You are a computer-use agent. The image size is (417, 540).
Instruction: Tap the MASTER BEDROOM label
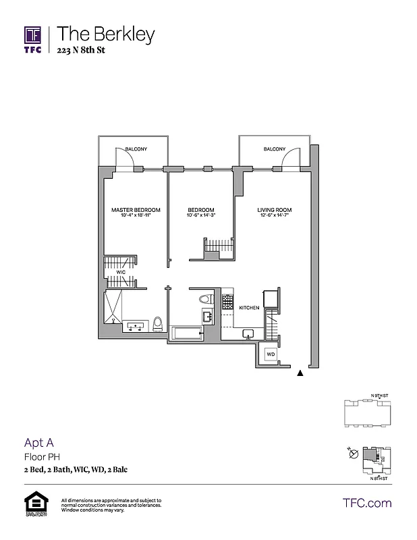pos(135,210)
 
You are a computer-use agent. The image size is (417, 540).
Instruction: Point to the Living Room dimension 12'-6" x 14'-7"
pos(274,216)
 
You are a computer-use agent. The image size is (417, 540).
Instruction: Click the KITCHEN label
pos(249,308)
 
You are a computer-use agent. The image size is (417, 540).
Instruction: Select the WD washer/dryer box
pos(270,354)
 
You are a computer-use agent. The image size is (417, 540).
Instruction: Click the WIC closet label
pos(121,273)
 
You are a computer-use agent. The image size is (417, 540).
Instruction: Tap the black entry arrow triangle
pos(300,371)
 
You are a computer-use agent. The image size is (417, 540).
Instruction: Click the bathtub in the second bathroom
pos(187,332)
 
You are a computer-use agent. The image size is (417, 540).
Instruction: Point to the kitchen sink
pos(248,333)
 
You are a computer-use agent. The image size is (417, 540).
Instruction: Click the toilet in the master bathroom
pos(158,324)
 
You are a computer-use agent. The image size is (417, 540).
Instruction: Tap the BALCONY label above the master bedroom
pos(136,149)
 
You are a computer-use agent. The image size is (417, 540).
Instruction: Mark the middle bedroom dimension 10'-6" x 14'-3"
pos(201,216)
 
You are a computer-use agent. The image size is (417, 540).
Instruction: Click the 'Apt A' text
pos(38,443)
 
